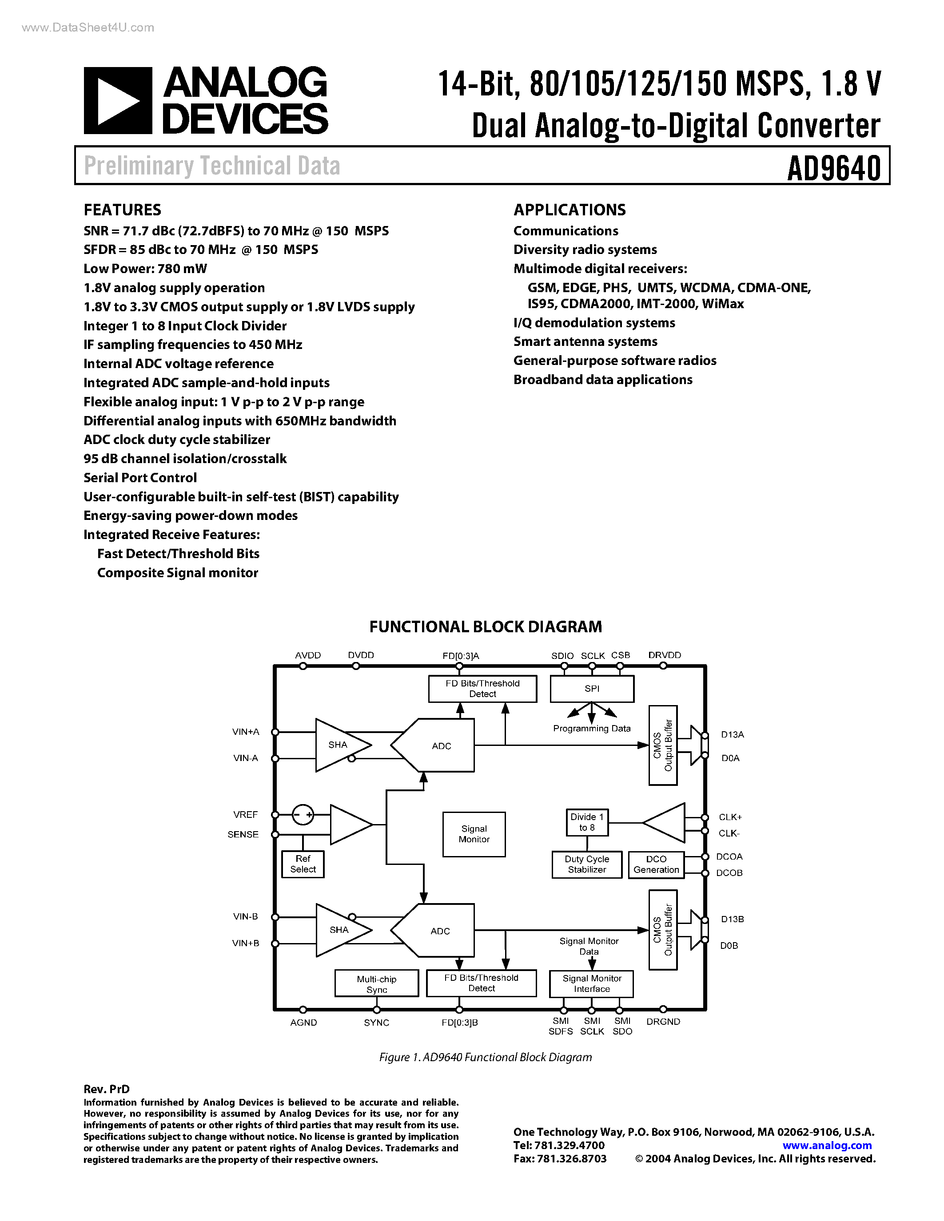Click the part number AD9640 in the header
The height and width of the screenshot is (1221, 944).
pos(834,167)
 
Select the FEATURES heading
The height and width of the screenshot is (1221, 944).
pos(123,210)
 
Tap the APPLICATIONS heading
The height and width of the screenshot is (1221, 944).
pos(570,210)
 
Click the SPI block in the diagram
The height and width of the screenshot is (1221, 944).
pos(592,689)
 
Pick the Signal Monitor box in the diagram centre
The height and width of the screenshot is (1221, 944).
pos(474,834)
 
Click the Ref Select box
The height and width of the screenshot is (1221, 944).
pos(303,864)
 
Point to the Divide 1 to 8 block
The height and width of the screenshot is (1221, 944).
pos(587,822)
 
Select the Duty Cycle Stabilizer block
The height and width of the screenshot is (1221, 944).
pos(587,864)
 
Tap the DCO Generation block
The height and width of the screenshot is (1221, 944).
pos(656,864)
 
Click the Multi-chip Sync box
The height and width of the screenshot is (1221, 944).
pos(376,984)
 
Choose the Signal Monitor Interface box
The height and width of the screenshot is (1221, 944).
pos(592,983)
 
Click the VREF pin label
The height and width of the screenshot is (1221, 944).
pos(246,815)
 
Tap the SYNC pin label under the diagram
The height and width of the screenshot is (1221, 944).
pos(376,1023)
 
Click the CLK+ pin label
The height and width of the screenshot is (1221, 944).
pos(730,817)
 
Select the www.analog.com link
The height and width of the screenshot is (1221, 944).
pos(827,1145)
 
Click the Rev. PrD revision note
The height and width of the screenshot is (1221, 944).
pos(106,1089)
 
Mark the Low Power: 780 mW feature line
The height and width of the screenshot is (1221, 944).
pos(145,269)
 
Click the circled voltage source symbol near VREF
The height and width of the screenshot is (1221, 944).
pos(303,815)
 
